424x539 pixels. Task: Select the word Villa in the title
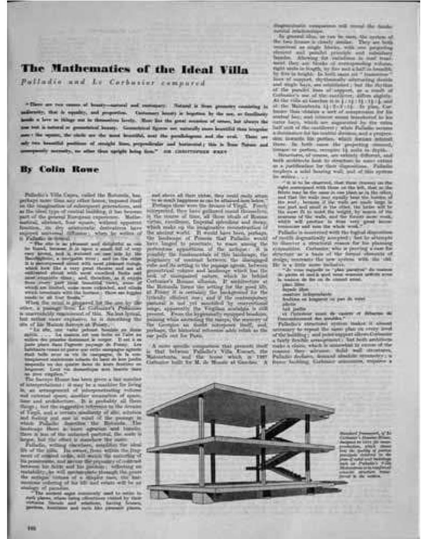[x=230, y=69]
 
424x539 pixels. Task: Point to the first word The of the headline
[x=32, y=69]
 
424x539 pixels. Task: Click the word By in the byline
[x=28, y=169]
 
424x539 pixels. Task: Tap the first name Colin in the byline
[x=56, y=169]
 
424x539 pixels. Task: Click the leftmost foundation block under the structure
[x=159, y=494]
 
